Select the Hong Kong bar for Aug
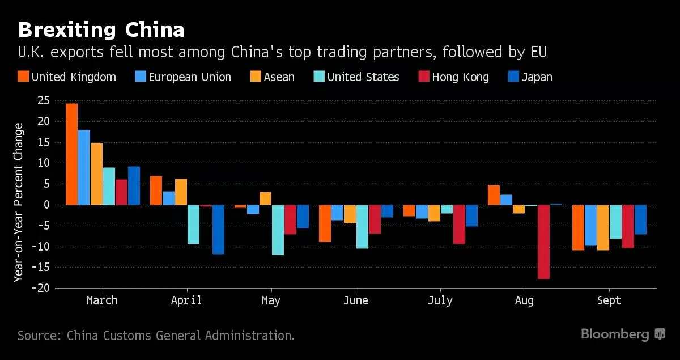pyautogui.click(x=543, y=242)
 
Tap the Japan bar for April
pyautogui.click(x=218, y=230)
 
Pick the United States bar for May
pyautogui.click(x=278, y=230)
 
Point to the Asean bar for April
pyautogui.click(x=181, y=192)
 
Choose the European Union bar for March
pyautogui.click(x=84, y=167)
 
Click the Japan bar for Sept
pyautogui.click(x=640, y=219)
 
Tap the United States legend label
pyautogui.click(x=363, y=77)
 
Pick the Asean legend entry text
pyautogui.click(x=279, y=77)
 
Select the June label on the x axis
pyautogui.click(x=355, y=300)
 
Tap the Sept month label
pyautogui.click(x=609, y=300)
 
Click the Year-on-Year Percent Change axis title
pyautogui.click(x=19, y=202)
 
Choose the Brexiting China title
pyautogui.click(x=101, y=29)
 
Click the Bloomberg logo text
pyautogui.click(x=615, y=334)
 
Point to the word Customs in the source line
pyautogui.click(x=125, y=335)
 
